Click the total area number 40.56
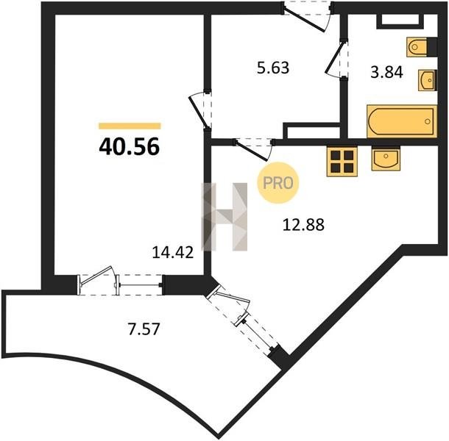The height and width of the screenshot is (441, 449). tap(129, 146)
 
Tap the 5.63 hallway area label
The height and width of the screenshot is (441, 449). tap(273, 68)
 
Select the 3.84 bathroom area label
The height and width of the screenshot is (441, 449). tap(387, 72)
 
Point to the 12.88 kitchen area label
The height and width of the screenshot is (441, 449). tap(303, 224)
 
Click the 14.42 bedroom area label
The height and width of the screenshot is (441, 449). tap(173, 253)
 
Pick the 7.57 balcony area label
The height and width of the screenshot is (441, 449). tap(144, 329)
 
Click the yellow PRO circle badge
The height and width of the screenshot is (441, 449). tap(277, 183)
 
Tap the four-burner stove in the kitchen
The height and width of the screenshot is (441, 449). tap(342, 162)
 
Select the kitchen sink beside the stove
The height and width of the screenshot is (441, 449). tap(386, 158)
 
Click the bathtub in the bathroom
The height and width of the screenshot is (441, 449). tap(402, 121)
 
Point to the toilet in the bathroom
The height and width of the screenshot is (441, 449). tap(421, 46)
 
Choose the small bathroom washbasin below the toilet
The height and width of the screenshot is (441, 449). tap(428, 80)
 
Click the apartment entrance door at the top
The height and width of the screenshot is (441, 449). tap(307, 15)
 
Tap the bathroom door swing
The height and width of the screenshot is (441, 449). tap(336, 60)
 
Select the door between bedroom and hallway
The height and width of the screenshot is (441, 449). tap(200, 110)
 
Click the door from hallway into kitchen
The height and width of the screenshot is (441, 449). tap(252, 149)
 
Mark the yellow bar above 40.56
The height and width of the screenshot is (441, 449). tap(130, 126)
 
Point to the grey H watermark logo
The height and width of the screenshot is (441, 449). tap(224, 217)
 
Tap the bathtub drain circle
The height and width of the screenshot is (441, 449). tap(428, 121)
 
